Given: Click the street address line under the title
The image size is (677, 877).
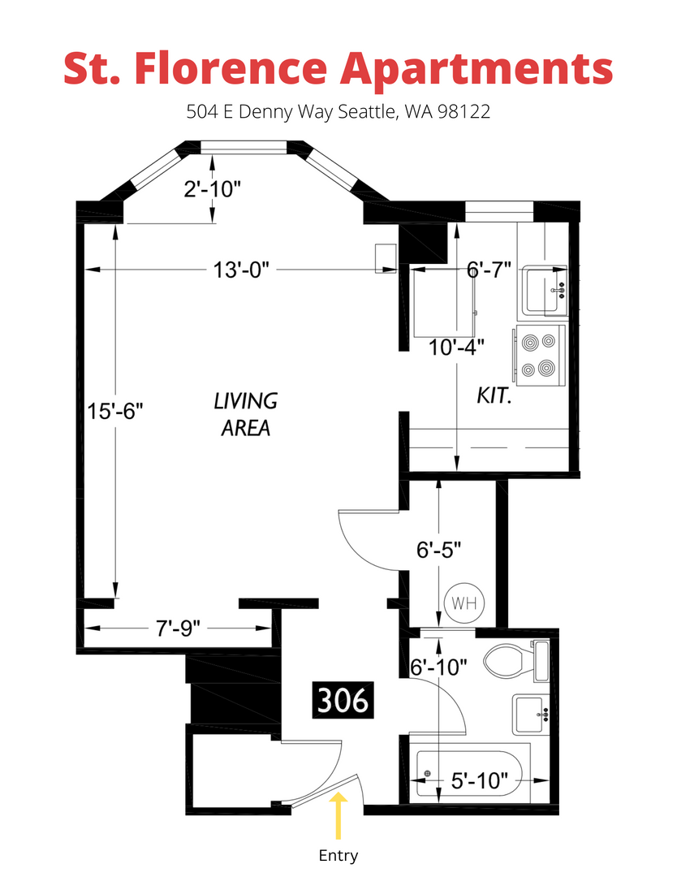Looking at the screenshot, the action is (x=338, y=112).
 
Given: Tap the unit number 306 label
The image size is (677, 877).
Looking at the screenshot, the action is (x=343, y=700).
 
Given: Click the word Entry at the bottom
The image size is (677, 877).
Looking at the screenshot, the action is (x=338, y=856).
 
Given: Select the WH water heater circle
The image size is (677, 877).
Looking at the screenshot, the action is (x=464, y=603).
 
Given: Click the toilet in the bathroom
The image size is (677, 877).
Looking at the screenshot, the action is (x=515, y=661).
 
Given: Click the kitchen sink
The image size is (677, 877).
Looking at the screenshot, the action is (x=545, y=291).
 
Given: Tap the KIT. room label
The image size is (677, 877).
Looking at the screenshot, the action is (x=494, y=395).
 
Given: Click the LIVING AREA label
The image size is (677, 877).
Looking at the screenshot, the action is (x=246, y=414).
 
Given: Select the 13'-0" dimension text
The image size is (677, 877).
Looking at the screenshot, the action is (x=241, y=270).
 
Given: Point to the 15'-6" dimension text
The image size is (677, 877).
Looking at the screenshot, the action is (x=115, y=412).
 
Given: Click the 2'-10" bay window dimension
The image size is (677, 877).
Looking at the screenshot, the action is (x=213, y=189).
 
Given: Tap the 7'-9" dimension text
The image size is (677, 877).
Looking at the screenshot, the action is (x=178, y=629).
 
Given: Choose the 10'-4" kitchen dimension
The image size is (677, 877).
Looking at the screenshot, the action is (x=456, y=348).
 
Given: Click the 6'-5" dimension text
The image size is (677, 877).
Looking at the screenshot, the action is (x=439, y=550).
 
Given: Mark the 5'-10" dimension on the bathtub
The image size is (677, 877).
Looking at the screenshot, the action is (x=480, y=781).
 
